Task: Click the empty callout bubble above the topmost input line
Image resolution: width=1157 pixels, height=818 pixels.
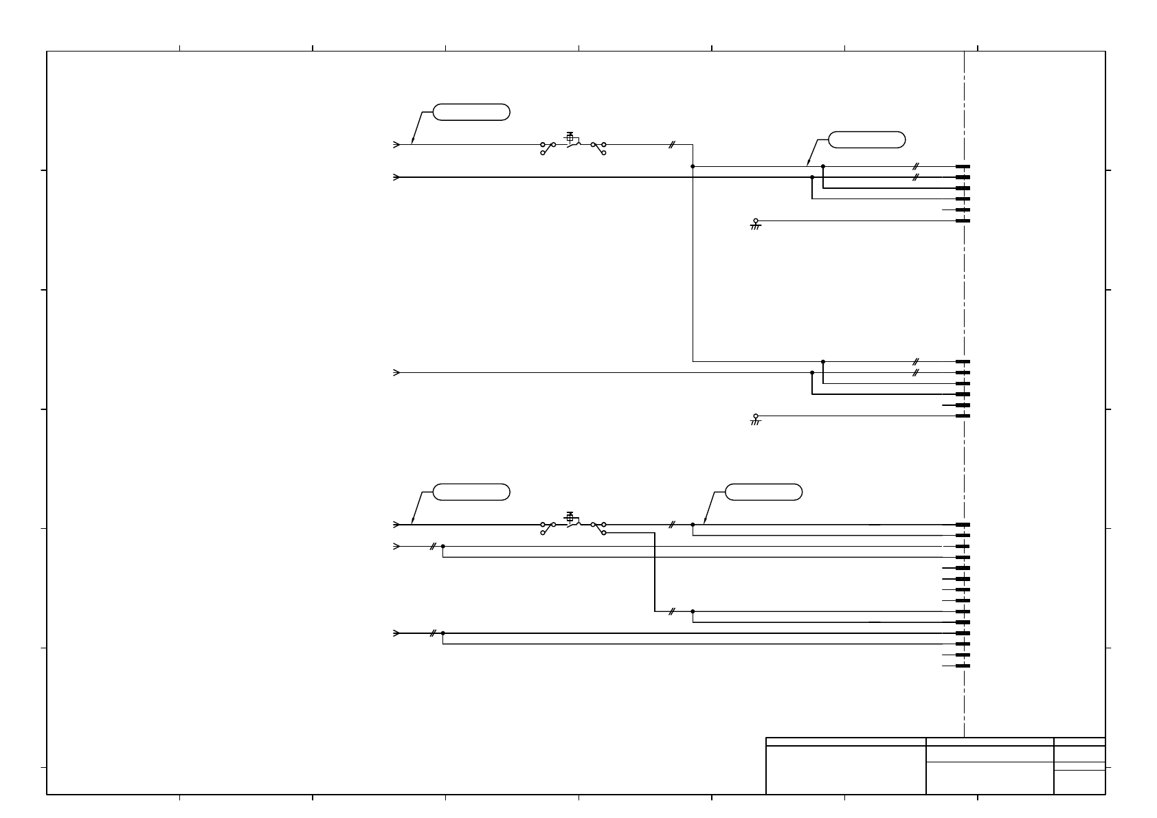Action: click(x=471, y=112)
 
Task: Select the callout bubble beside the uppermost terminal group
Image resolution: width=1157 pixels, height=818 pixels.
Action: click(x=866, y=139)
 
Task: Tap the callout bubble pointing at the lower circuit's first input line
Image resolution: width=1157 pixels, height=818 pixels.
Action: click(x=471, y=492)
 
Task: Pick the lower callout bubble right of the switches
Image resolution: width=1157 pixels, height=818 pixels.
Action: click(x=763, y=492)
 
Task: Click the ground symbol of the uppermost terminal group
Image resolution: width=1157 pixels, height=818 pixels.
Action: click(x=756, y=224)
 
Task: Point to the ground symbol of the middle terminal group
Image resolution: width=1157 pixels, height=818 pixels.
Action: click(x=756, y=418)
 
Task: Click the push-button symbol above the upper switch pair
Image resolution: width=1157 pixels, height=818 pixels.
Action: click(x=570, y=137)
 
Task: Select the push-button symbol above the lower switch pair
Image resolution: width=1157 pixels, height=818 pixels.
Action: click(x=570, y=517)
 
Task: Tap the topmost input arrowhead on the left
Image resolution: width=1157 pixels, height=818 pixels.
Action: click(x=396, y=145)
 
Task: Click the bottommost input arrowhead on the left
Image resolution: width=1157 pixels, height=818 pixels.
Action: click(x=396, y=633)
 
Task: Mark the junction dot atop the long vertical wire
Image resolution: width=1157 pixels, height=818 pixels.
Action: click(x=693, y=166)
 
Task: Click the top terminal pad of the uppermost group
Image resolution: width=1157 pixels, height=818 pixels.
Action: click(x=963, y=166)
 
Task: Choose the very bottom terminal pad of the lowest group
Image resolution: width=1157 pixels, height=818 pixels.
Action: click(x=963, y=666)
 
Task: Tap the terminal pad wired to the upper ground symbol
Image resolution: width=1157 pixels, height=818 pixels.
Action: click(x=963, y=220)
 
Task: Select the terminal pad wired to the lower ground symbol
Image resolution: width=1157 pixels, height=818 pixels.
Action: click(x=963, y=416)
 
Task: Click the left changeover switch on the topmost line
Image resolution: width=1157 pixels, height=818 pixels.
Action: click(x=548, y=148)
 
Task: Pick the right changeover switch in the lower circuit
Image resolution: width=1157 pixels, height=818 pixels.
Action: click(x=598, y=527)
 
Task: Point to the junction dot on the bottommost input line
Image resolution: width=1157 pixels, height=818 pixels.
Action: click(x=443, y=633)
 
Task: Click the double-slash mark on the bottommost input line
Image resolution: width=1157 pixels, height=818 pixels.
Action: click(x=433, y=633)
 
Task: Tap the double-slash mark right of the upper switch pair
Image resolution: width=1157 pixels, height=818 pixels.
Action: click(x=672, y=145)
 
